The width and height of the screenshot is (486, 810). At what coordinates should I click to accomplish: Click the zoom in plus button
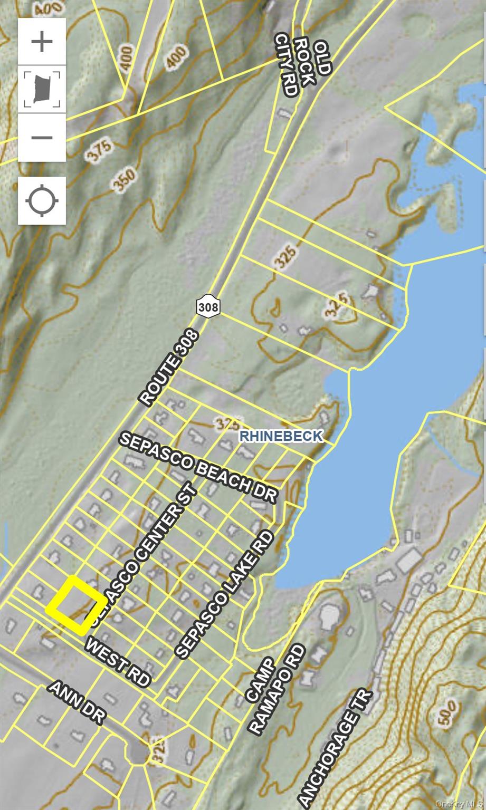[42, 42]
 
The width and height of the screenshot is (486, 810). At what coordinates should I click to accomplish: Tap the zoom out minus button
[42, 138]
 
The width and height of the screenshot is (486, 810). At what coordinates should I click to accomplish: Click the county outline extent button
[42, 89]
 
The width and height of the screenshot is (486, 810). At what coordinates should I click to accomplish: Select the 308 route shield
[208, 306]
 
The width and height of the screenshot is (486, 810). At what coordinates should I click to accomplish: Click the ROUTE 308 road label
[169, 368]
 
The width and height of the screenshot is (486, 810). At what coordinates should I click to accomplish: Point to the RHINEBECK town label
[281, 436]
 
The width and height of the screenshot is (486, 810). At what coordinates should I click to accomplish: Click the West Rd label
[118, 661]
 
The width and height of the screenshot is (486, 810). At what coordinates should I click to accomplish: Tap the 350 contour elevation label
[125, 179]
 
